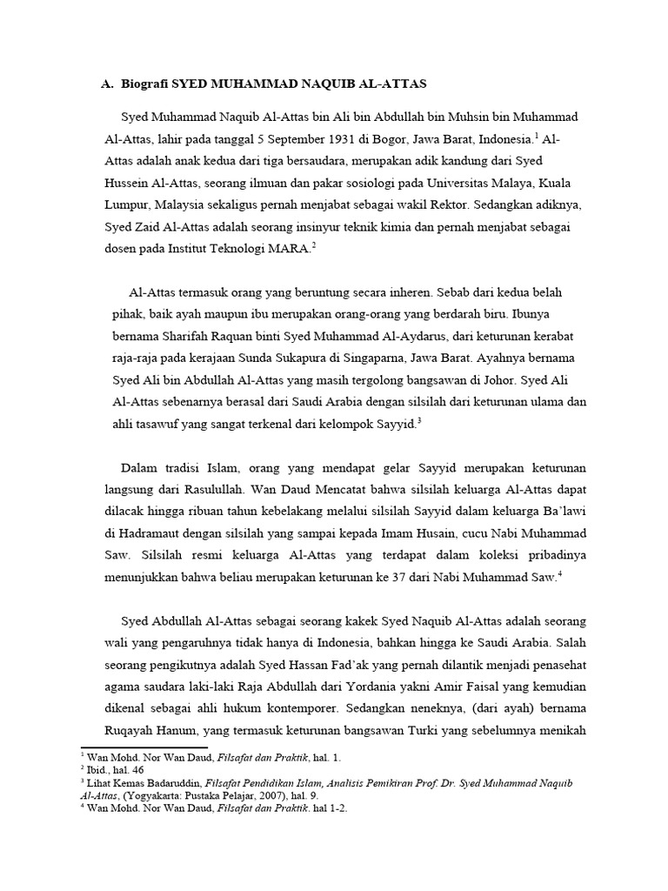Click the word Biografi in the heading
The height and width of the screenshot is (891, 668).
(142, 84)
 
